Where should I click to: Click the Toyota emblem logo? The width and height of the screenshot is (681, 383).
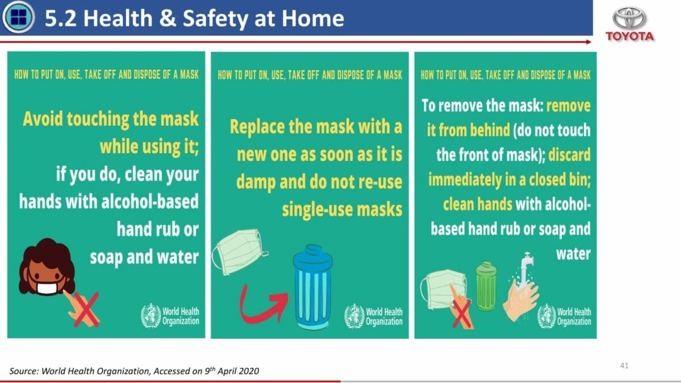[x=629, y=18]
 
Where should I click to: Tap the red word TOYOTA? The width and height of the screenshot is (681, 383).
[x=629, y=36]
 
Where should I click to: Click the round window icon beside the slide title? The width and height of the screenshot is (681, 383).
[x=19, y=17]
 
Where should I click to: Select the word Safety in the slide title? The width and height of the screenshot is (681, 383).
[x=216, y=19]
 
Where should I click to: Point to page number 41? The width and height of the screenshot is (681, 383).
[x=624, y=365]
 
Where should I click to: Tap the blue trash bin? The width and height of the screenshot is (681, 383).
[x=313, y=287]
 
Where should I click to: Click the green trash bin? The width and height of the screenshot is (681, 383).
[x=486, y=286]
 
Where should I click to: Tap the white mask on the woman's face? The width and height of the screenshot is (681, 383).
[x=47, y=288]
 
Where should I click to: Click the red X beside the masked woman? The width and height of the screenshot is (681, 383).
[x=86, y=309]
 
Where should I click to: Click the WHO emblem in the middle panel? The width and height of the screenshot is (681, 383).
[x=354, y=316]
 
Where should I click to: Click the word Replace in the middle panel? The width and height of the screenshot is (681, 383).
[x=258, y=127]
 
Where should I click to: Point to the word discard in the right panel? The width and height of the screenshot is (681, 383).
[x=569, y=154]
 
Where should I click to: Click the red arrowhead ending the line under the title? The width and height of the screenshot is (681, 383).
[x=588, y=42]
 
